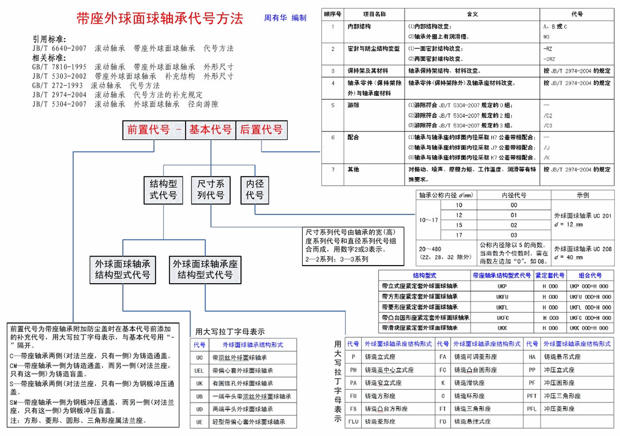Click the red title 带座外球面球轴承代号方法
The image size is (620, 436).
pyautogui.click(x=159, y=19)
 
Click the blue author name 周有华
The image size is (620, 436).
pyautogui.click(x=276, y=18)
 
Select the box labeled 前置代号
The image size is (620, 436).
pyautogui.click(x=148, y=130)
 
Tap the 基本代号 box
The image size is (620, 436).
pyautogui.click(x=211, y=130)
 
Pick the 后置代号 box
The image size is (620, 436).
pyautogui.click(x=261, y=130)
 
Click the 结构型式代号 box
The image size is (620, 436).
pyautogui.click(x=163, y=190)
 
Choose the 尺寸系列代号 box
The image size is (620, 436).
pyautogui.click(x=211, y=190)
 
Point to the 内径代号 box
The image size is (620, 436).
pyautogui.click(x=255, y=190)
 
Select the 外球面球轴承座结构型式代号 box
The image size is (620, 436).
pyautogui.click(x=205, y=270)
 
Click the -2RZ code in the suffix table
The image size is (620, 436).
pyautogui.click(x=549, y=59)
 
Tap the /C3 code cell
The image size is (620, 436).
pyautogui.click(x=548, y=126)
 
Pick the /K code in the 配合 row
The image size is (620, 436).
pyautogui.click(x=546, y=158)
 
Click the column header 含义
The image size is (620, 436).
pyautogui.click(x=472, y=14)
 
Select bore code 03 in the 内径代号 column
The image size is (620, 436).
pyautogui.click(x=514, y=235)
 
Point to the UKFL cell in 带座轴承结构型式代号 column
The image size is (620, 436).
pyautogui.click(x=502, y=307)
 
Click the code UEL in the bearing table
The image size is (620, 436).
pyautogui.click(x=199, y=370)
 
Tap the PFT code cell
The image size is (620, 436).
pyautogui.click(x=532, y=396)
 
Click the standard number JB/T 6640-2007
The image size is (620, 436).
pyautogui.click(x=59, y=48)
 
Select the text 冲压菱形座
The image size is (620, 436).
pyautogui.click(x=559, y=409)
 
